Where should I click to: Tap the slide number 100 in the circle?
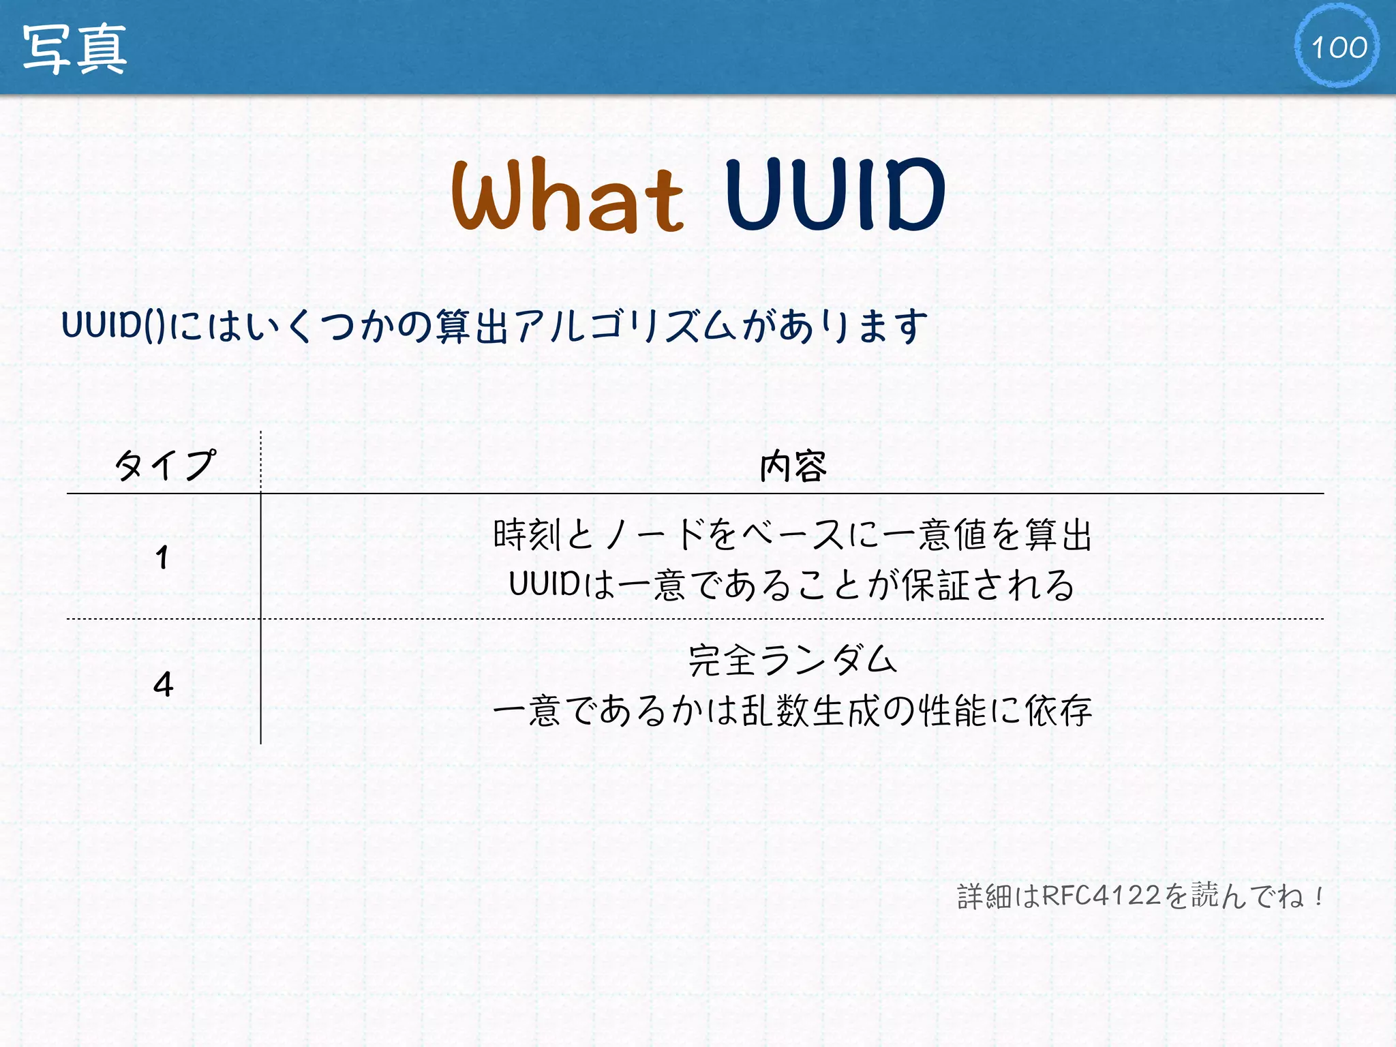coord(1338,47)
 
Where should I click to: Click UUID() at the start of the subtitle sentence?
coord(112,325)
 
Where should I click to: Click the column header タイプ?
coord(164,465)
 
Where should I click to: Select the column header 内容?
coord(793,467)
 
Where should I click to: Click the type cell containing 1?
coord(162,558)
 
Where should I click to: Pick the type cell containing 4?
coord(163,684)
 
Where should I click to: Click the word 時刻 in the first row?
coord(527,534)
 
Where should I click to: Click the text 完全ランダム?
coord(792,660)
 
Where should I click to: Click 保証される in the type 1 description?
coord(988,585)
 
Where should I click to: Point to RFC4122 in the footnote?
coord(1101,895)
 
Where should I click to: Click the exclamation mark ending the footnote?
coord(1320,895)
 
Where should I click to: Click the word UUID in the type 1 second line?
coord(544,585)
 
